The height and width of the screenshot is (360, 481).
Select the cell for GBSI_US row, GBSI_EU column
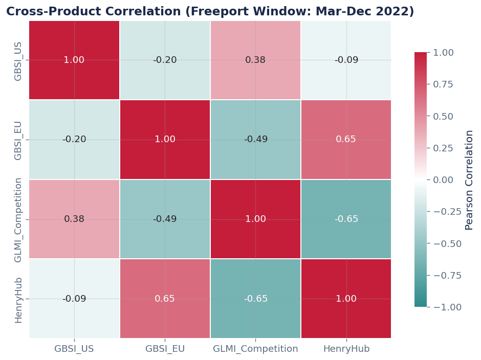pyautogui.click(x=165, y=60)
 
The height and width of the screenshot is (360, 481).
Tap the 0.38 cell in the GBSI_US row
pyautogui.click(x=255, y=60)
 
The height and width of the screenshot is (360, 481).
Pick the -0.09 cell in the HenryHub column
pyautogui.click(x=346, y=60)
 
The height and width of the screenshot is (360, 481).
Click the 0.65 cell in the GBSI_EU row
pyautogui.click(x=346, y=140)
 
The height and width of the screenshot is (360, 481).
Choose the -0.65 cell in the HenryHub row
pyautogui.click(x=255, y=299)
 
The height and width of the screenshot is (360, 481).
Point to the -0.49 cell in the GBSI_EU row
pyautogui.click(x=255, y=140)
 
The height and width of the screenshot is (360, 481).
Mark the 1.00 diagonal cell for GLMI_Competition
pyautogui.click(x=255, y=219)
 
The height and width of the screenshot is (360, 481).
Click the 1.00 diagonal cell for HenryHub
pyautogui.click(x=346, y=299)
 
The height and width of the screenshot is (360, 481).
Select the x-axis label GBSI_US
pyautogui.click(x=74, y=349)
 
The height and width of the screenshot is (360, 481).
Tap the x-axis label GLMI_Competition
pyautogui.click(x=255, y=349)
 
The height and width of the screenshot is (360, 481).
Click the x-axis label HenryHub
pyautogui.click(x=346, y=349)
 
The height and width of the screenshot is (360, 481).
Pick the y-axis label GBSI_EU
pyautogui.click(x=18, y=140)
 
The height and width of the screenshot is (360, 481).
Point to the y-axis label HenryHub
pyautogui.click(x=18, y=300)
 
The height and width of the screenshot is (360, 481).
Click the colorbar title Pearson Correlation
pyautogui.click(x=469, y=180)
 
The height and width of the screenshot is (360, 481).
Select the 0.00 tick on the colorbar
pyautogui.click(x=447, y=180)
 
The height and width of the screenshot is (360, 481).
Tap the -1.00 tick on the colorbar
pyautogui.click(x=447, y=307)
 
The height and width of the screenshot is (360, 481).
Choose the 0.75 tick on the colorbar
pyautogui.click(x=447, y=84)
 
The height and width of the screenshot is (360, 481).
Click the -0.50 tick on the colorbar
pyautogui.click(x=447, y=243)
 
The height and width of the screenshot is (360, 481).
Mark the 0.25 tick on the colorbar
pyautogui.click(x=447, y=148)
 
